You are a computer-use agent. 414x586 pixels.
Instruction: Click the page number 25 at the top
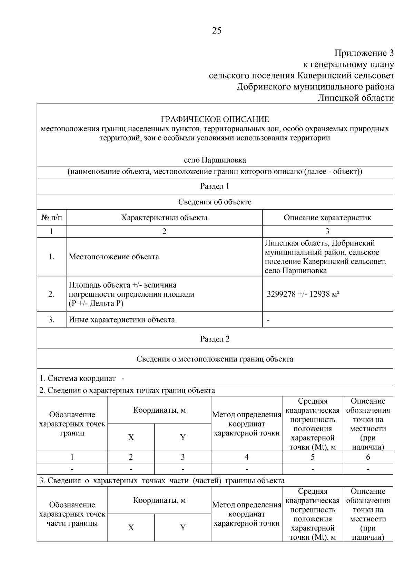tap(217, 31)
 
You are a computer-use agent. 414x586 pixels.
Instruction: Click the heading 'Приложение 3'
tap(364, 53)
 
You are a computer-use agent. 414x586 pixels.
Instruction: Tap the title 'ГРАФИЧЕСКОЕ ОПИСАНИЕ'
tap(215, 119)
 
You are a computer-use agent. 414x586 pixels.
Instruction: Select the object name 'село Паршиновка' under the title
tap(215, 160)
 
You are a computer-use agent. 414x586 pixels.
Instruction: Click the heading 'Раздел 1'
tap(215, 186)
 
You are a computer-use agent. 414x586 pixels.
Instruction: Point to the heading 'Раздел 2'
tap(215, 339)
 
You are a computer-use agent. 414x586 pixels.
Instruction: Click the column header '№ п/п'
tap(51, 218)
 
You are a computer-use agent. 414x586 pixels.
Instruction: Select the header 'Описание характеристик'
tap(327, 218)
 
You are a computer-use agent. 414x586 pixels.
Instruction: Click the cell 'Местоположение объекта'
tap(114, 257)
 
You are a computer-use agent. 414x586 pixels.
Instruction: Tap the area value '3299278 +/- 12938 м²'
tap(303, 295)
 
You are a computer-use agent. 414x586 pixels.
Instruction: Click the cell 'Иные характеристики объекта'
tap(122, 320)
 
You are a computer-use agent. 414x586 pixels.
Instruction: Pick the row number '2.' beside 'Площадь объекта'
tap(51, 295)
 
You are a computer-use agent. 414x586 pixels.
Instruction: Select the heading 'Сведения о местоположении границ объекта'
tap(215, 359)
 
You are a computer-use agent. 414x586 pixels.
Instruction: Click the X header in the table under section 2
tap(131, 438)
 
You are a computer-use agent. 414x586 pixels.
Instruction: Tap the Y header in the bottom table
tap(183, 528)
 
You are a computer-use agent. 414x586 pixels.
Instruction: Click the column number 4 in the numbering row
tap(246, 457)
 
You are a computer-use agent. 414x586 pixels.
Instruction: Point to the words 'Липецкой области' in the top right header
tap(355, 98)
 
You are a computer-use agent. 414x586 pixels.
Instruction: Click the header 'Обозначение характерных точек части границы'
tap(72, 514)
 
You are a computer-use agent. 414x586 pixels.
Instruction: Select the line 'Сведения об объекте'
tap(215, 202)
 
